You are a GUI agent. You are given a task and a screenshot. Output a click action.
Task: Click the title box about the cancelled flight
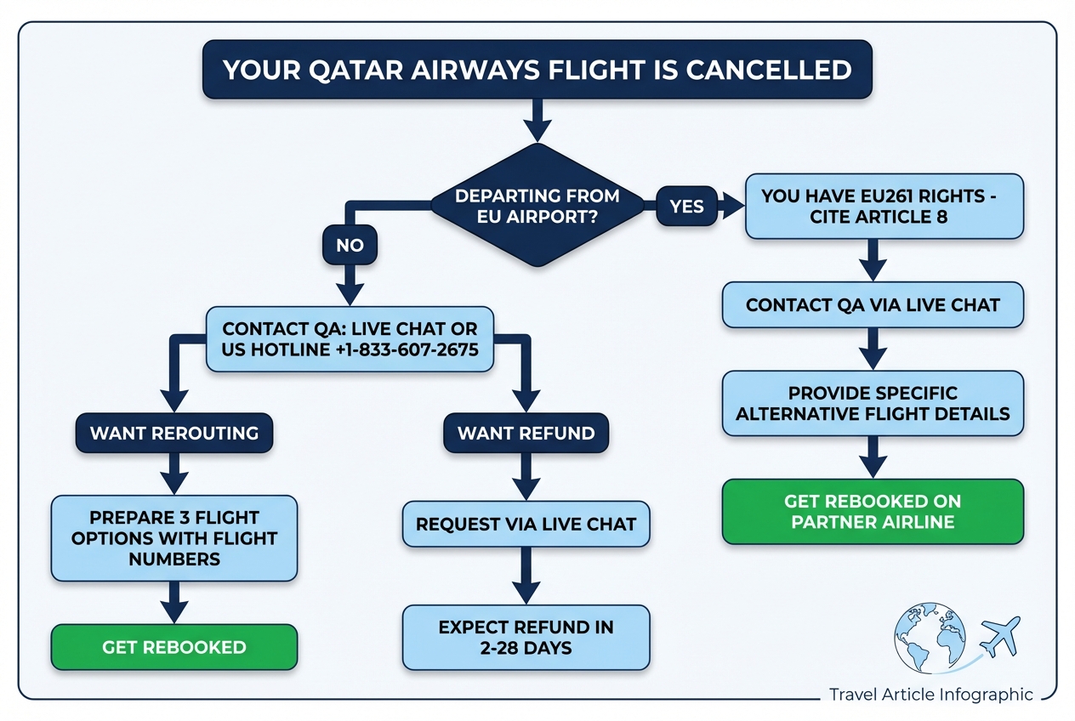[x=537, y=69]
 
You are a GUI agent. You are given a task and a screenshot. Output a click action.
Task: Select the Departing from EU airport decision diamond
[x=537, y=206]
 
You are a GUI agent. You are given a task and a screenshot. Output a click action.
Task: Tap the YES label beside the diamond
[x=686, y=206]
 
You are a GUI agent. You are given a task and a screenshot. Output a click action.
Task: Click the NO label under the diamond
[x=350, y=246]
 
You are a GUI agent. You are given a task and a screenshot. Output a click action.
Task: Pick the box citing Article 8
[x=884, y=206]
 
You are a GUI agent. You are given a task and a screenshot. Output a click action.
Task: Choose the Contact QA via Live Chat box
[x=873, y=304]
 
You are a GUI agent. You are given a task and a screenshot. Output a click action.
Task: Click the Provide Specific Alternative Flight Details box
[x=873, y=404]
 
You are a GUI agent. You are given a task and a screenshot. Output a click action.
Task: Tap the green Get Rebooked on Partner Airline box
[x=873, y=511]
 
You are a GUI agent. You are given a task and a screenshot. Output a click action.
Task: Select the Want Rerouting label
[x=174, y=433]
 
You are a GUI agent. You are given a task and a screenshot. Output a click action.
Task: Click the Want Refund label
[x=526, y=433]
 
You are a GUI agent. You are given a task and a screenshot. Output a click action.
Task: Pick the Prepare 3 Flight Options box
[x=174, y=537]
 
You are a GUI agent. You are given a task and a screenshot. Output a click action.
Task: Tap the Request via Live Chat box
[x=526, y=524]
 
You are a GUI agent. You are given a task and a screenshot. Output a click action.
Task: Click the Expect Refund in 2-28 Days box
[x=526, y=638]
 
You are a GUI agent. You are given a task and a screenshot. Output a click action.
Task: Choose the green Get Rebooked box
[x=174, y=647]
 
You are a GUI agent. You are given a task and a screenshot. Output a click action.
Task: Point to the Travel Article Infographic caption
[x=930, y=695]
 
